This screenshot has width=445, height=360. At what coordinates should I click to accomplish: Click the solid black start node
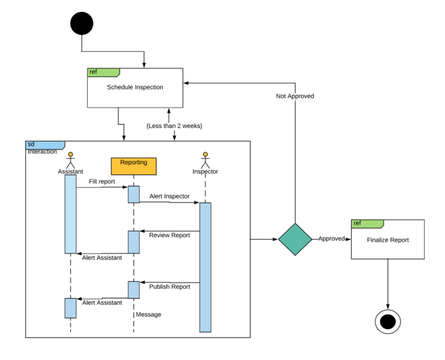pyautogui.click(x=82, y=23)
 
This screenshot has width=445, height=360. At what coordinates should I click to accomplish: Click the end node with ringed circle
pyautogui.click(x=387, y=321)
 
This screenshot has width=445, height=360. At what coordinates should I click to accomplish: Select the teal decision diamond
pyautogui.click(x=295, y=239)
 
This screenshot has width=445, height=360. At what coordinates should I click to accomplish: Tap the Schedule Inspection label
pyautogui.click(x=135, y=87)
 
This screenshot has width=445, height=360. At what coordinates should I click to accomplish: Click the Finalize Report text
pyautogui.click(x=387, y=240)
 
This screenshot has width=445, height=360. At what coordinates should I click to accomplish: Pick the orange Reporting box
pyautogui.click(x=134, y=166)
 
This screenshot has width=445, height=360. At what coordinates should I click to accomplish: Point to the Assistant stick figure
pyautogui.click(x=71, y=160)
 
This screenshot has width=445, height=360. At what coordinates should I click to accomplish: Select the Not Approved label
pyautogui.click(x=295, y=96)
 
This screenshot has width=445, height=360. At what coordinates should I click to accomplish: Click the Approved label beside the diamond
pyautogui.click(x=331, y=238)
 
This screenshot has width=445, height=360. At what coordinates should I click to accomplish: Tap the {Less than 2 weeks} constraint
pyautogui.click(x=174, y=126)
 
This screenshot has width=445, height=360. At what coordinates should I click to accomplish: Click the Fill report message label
pyautogui.click(x=102, y=181)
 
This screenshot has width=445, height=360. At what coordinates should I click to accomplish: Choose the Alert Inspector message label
pyautogui.click(x=169, y=196)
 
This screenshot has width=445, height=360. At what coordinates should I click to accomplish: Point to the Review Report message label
pyautogui.click(x=169, y=235)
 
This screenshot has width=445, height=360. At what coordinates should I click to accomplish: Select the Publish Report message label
pyautogui.click(x=169, y=287)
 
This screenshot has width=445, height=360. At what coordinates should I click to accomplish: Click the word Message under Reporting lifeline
pyautogui.click(x=148, y=315)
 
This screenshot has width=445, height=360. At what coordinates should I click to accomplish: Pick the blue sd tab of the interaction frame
pyautogui.click(x=45, y=145)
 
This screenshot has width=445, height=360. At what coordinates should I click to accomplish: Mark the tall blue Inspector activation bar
pyautogui.click(x=205, y=267)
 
